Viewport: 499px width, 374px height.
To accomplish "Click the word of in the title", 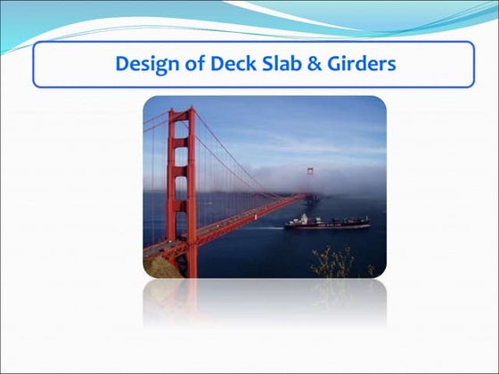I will tap(187, 64).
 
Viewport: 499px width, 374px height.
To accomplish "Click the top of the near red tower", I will tap(181, 112).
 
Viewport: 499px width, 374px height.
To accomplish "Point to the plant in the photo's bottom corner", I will tap(335, 263).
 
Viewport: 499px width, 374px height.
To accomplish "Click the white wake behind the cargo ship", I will tap(276, 229).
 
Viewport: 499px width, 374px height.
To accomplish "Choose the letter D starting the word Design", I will tap(123, 64).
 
